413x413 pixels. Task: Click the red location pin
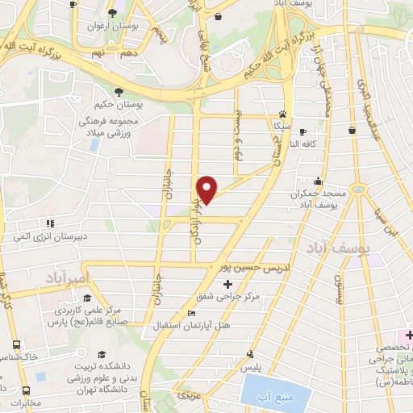pos(208,189)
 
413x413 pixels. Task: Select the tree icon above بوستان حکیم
pos(119,91)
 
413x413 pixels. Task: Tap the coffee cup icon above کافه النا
pos(302,131)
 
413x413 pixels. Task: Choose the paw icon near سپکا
pos(282,114)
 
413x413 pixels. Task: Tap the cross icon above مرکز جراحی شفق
pos(228,284)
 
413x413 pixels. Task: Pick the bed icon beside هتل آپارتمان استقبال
pos(191,313)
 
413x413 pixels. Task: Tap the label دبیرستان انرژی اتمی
pos(51,237)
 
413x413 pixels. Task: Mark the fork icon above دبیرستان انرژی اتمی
pos(50,223)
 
